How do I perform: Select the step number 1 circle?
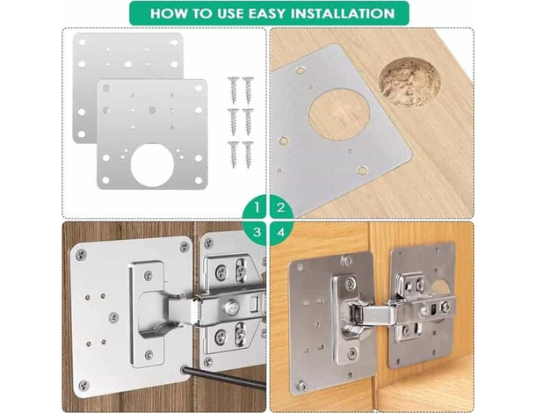click(256, 206)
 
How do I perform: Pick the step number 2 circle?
click(281, 206)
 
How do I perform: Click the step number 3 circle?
click(256, 233)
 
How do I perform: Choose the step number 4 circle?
click(281, 233)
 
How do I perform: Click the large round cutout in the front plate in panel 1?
click(152, 165)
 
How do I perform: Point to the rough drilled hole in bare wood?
click(409, 82)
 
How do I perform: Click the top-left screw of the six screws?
click(234, 91)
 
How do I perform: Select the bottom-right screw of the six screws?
click(248, 155)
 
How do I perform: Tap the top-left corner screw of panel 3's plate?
click(81, 254)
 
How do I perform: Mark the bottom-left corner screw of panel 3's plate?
click(83, 386)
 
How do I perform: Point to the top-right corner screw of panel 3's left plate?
click(185, 247)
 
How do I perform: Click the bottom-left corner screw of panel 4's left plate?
click(302, 386)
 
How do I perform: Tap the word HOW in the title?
click(169, 13)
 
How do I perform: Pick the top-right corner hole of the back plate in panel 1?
click(174, 42)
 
